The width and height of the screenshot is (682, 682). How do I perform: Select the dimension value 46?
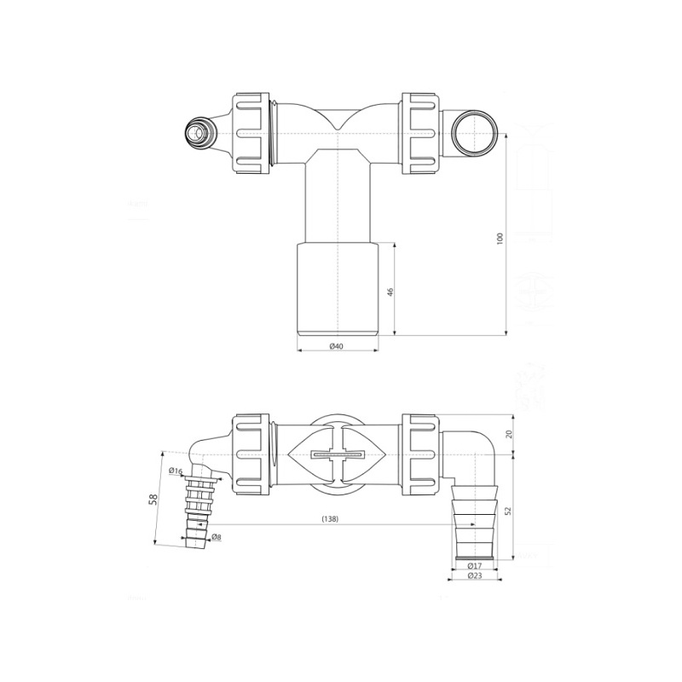(x=390, y=292)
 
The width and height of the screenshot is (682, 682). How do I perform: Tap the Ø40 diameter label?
(x=336, y=346)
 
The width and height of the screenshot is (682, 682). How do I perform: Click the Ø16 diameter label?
(x=176, y=471)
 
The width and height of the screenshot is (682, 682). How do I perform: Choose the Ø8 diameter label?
(x=217, y=537)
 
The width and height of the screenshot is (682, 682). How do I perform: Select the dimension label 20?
(x=509, y=434)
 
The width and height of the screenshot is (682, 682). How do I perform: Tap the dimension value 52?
(x=509, y=509)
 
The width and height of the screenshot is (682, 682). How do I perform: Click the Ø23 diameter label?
(x=476, y=576)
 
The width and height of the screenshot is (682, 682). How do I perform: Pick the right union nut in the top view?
(x=420, y=133)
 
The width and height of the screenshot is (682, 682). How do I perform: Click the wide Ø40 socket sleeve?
(x=338, y=288)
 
